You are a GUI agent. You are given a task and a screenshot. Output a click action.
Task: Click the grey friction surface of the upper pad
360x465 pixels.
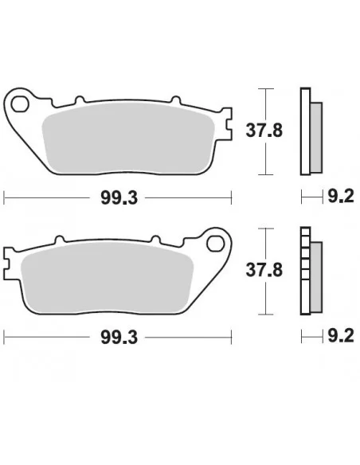click(127, 139)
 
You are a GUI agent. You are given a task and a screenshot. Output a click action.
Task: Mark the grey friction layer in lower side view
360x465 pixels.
click(316, 275)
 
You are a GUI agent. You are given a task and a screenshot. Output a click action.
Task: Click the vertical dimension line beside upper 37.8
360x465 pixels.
click(267, 131)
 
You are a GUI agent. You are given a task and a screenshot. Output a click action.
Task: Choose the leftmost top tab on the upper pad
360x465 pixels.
click(79, 101)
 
